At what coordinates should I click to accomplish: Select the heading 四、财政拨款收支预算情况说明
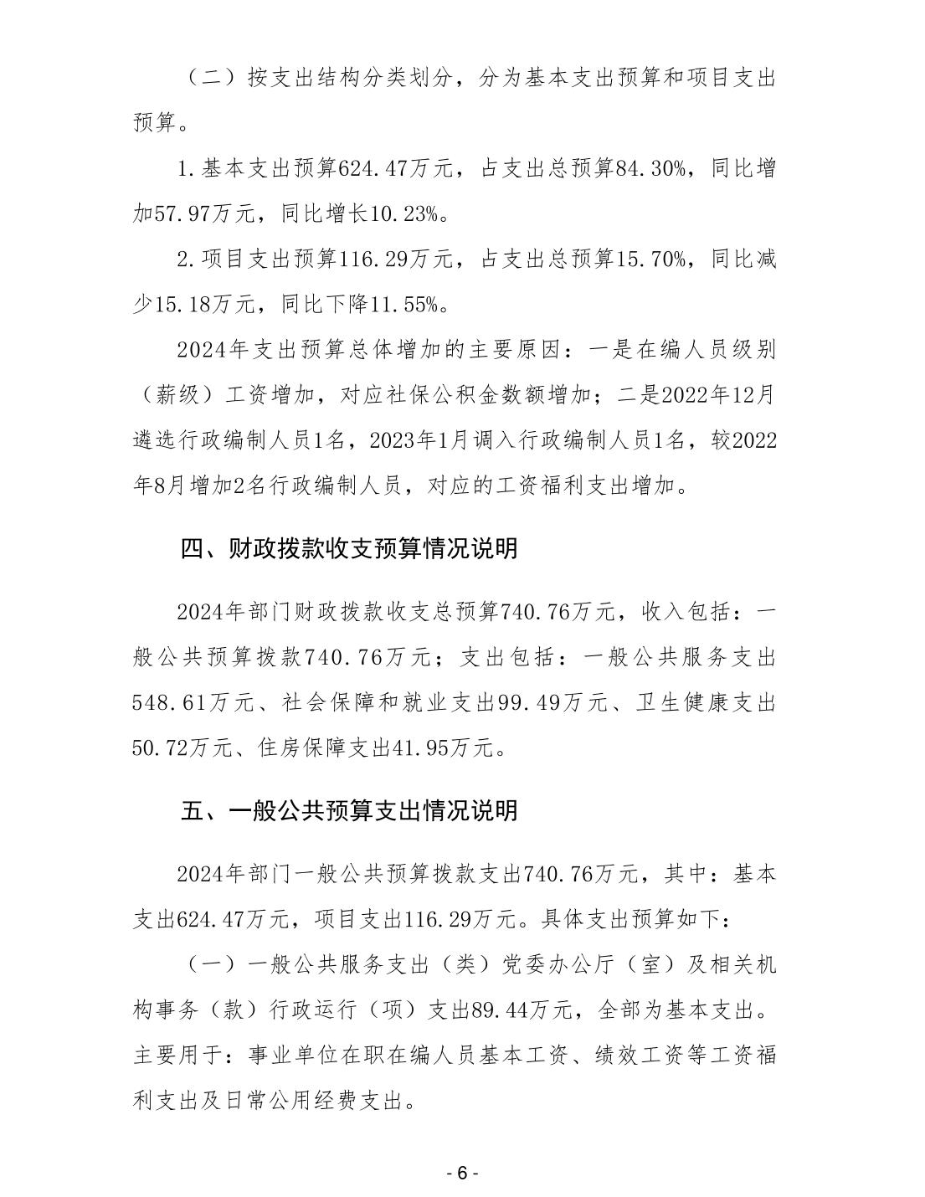pyautogui.click(x=349, y=549)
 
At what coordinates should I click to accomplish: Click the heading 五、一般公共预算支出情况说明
pyautogui.click(x=349, y=810)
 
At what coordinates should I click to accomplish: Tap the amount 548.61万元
pyautogui.click(x=193, y=701)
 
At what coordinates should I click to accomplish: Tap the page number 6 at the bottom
pyautogui.click(x=462, y=1174)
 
